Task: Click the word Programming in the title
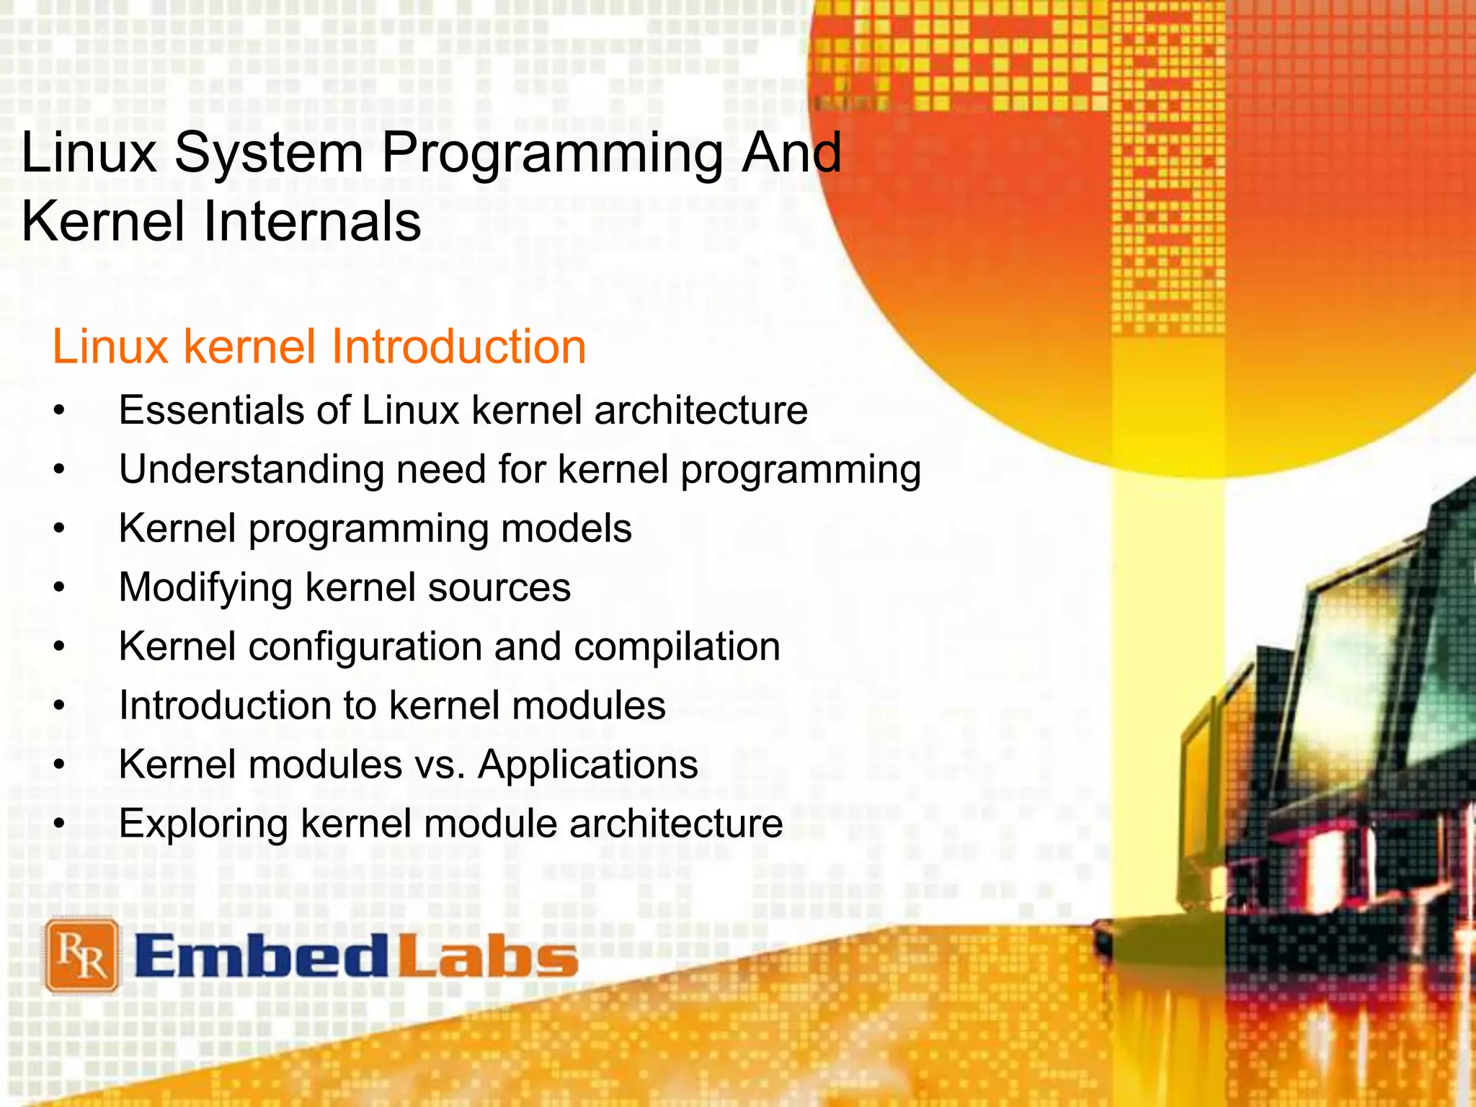tap(551, 155)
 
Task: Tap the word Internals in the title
tap(312, 222)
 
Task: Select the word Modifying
tap(205, 587)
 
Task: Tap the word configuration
tap(365, 646)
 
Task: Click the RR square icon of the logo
tap(82, 956)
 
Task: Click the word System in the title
tap(269, 155)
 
